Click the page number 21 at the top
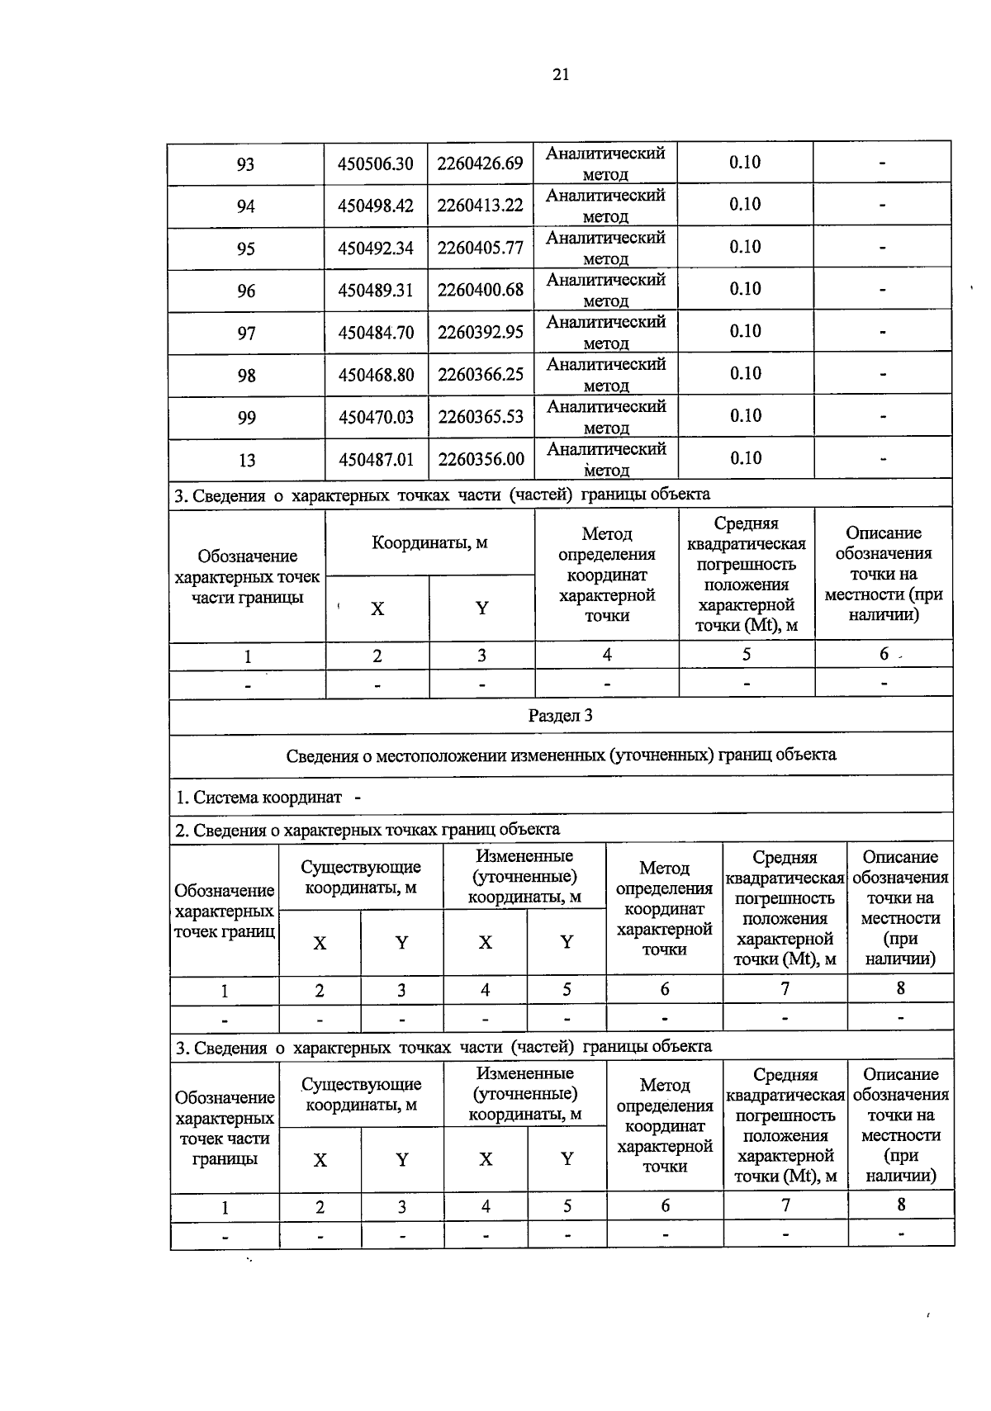point(560,75)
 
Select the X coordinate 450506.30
point(376,163)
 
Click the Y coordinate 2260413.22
point(480,206)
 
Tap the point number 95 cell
point(246,249)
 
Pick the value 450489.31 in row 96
point(376,291)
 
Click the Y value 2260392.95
point(480,333)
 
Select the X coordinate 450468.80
point(376,375)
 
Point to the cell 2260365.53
point(480,417)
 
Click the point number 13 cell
point(246,461)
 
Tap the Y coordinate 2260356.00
point(480,459)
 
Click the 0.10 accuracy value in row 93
point(744,162)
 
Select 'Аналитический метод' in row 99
point(605,417)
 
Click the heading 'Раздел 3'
point(560,716)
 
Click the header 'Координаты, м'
point(429,542)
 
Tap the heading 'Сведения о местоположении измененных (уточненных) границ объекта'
point(560,755)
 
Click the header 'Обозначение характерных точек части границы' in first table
point(247,576)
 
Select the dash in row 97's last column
point(882,333)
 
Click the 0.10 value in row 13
point(744,457)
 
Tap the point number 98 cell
point(246,376)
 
